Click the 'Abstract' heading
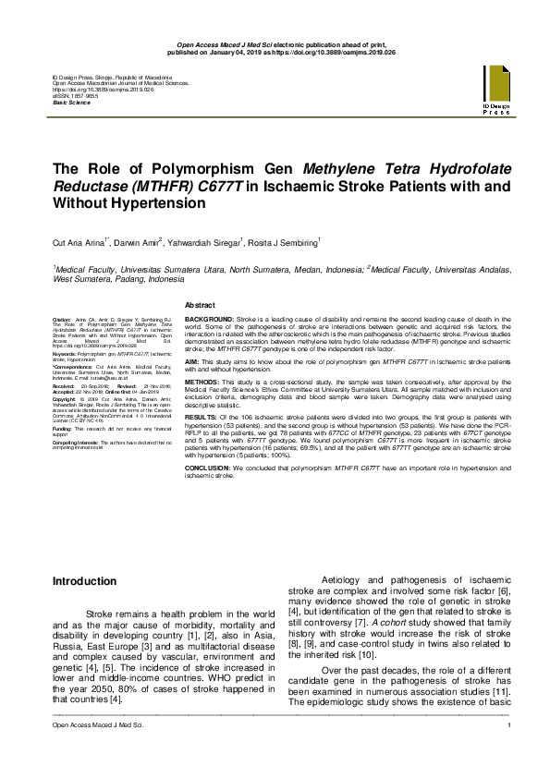click(201, 304)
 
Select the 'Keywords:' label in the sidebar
click(65, 353)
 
